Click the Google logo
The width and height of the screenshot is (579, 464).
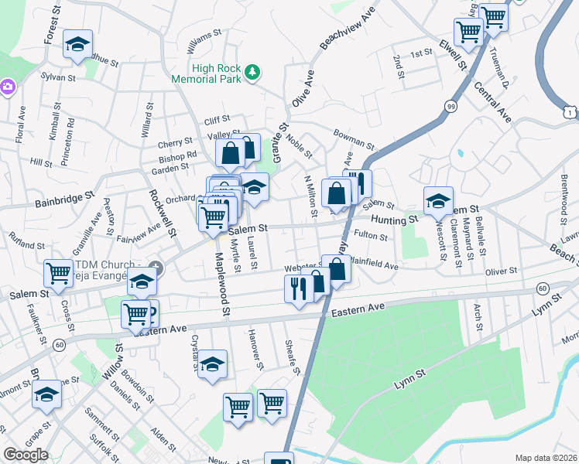pos(26,454)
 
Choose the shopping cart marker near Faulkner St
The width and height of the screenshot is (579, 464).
pos(58,272)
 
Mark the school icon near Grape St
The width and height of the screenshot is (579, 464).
pos(46,395)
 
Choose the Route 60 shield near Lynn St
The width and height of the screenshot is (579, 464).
pos(543,288)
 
